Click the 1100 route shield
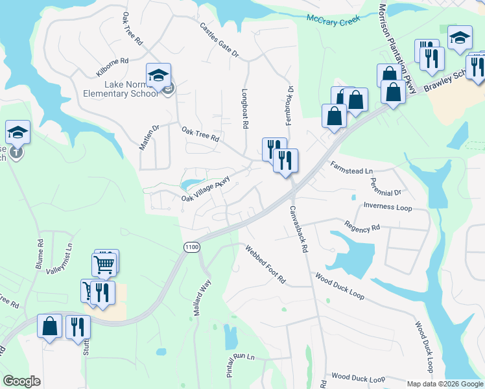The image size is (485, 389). tap(191, 247)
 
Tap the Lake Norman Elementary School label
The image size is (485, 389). tap(132, 89)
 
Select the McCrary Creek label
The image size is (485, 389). tap(333, 21)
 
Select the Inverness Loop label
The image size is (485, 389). tap(387, 207)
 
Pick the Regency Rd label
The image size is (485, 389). tap(362, 228)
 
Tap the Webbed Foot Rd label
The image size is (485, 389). tap(265, 264)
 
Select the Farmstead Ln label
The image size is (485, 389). tap(352, 168)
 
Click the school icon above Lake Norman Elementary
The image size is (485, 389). tap(158, 75)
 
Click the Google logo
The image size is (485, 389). tap(22, 381)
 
